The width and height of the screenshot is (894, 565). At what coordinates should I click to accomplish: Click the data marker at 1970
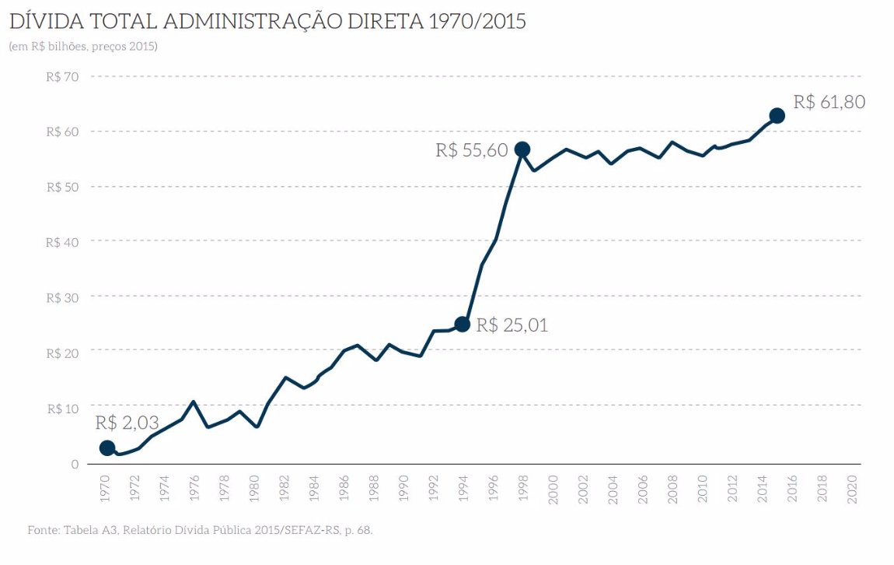(x=107, y=447)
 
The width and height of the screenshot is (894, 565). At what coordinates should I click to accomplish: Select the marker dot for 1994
(x=462, y=324)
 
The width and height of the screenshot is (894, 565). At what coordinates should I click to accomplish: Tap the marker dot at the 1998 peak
(x=522, y=149)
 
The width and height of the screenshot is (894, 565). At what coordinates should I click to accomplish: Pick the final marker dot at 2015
(x=777, y=115)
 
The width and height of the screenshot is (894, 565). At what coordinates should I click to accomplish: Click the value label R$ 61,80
(x=829, y=102)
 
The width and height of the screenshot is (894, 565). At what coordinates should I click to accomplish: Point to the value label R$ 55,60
(x=471, y=150)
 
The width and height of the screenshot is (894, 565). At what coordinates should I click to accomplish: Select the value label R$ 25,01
(x=512, y=325)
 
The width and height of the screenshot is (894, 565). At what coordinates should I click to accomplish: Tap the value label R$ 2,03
(x=127, y=423)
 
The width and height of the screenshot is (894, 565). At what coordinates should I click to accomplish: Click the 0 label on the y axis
(x=75, y=464)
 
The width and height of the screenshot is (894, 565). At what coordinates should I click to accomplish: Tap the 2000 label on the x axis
(x=553, y=490)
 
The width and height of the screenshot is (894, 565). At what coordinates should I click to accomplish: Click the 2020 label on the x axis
(x=852, y=490)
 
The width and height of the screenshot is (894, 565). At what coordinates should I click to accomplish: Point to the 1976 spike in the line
(x=193, y=402)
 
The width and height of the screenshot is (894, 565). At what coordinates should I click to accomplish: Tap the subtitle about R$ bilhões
(x=83, y=47)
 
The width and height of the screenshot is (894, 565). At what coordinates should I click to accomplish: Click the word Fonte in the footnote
(x=44, y=530)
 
